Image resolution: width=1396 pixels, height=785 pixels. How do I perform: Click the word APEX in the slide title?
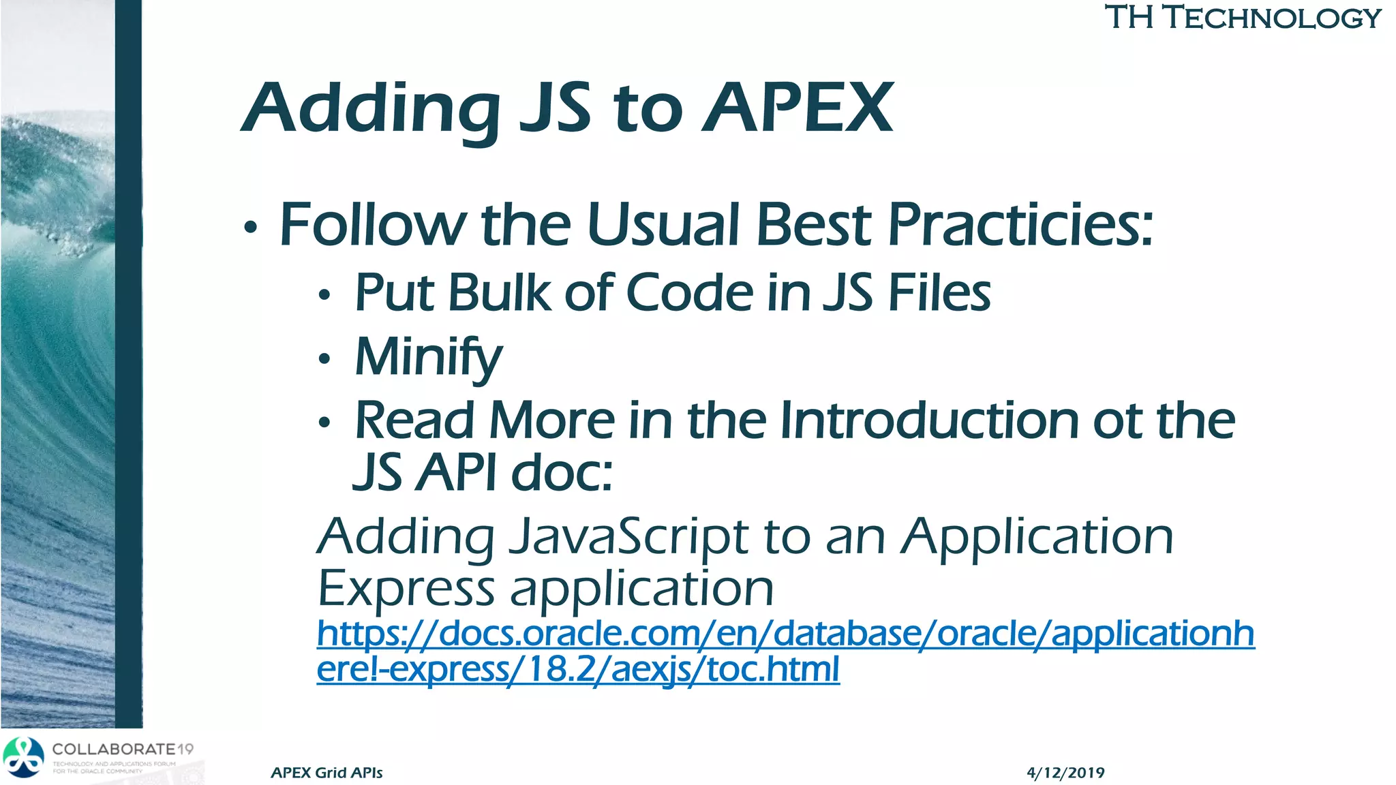click(x=798, y=108)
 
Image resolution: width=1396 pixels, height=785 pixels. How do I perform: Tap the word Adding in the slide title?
click(x=371, y=108)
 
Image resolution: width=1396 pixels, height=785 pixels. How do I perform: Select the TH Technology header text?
click(x=1243, y=18)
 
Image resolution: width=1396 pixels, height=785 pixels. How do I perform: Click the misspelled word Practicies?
click(x=1020, y=225)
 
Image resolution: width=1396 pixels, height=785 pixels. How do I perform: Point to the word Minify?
click(x=428, y=357)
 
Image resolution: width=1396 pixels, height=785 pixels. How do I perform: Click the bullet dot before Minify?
click(x=324, y=359)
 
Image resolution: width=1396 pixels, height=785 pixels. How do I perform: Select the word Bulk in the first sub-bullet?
click(x=498, y=293)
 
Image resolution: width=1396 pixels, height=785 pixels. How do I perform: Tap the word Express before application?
click(x=406, y=588)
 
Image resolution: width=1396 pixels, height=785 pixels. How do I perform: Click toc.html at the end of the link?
click(x=773, y=669)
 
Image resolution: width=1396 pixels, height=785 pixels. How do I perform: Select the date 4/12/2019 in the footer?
click(x=1065, y=773)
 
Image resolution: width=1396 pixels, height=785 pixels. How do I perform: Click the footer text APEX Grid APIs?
click(x=327, y=773)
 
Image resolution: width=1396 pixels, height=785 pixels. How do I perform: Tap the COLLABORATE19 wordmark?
click(x=123, y=749)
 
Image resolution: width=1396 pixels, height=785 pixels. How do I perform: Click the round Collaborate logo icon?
click(x=24, y=757)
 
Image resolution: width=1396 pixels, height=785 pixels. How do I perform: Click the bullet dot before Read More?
click(x=324, y=423)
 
